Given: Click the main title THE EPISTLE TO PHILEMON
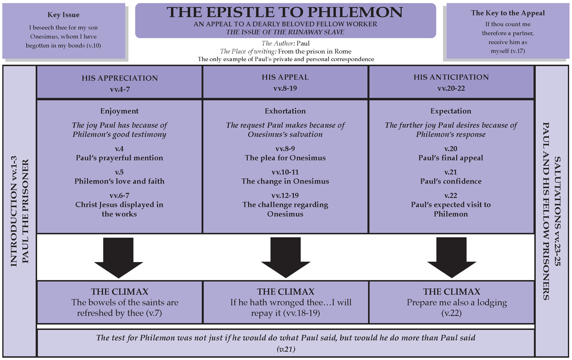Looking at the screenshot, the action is (x=285, y=12).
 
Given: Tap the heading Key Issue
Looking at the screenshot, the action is (x=63, y=15).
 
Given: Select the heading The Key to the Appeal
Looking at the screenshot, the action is (x=508, y=13).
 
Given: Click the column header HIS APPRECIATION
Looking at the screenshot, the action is (x=120, y=78).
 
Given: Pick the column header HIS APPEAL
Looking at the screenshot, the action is (x=285, y=77).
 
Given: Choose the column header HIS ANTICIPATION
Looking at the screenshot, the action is (x=451, y=77).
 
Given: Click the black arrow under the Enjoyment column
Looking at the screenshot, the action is (x=118, y=258).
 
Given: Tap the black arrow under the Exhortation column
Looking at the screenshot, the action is (x=286, y=258).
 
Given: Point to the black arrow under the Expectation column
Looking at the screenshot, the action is (x=452, y=258).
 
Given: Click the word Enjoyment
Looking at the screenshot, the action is (x=119, y=111).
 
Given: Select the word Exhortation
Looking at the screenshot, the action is (x=285, y=111).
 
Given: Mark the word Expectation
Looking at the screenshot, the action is (x=451, y=111).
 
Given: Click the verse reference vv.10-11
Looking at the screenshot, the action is (x=285, y=172).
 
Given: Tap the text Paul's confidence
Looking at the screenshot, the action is (x=451, y=181).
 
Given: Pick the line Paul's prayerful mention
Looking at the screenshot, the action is (x=119, y=158).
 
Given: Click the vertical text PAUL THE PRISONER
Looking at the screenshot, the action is (x=25, y=211).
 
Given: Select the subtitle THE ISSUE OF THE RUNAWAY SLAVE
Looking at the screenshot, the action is (x=285, y=32).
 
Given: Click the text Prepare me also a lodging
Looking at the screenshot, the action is (x=456, y=302).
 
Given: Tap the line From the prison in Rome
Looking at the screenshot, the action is (x=315, y=51).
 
